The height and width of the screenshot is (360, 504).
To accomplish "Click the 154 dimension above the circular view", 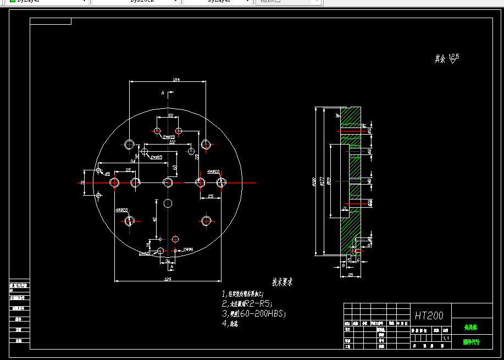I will [176, 80].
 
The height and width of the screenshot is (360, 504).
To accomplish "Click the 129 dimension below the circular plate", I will [168, 280].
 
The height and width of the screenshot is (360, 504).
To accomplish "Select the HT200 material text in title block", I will [429, 315].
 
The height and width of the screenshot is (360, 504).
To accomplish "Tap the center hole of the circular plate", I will [168, 182].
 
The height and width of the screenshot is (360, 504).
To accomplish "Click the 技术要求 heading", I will [283, 283].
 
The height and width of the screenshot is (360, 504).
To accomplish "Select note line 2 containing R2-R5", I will [247, 303].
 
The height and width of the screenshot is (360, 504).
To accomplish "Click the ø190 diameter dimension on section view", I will [314, 182].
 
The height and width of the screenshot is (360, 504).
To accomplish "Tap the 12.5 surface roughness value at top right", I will [454, 56].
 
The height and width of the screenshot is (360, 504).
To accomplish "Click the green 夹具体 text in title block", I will [470, 327].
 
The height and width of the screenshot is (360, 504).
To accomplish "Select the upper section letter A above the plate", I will [163, 93].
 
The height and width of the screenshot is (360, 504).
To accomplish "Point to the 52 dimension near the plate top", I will [170, 115].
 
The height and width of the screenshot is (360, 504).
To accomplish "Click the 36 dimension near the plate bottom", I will [168, 262].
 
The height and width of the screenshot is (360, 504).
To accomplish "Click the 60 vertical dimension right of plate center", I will [175, 167].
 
